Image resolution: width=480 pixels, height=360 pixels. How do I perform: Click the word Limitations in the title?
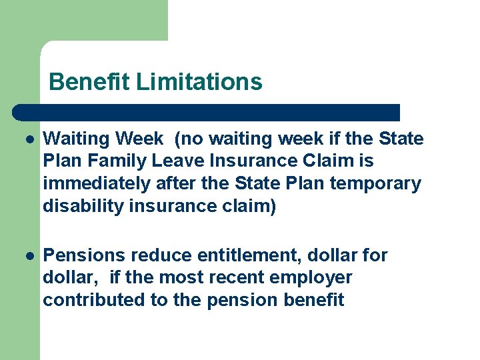click(199, 82)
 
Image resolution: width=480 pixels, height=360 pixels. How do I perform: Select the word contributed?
click(94, 300)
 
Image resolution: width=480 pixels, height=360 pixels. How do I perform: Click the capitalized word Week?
click(139, 139)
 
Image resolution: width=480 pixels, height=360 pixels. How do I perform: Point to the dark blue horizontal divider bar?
click(207, 111)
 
